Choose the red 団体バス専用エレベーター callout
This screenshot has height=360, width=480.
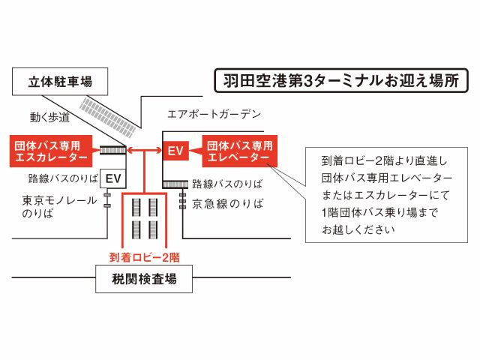coord(238,151)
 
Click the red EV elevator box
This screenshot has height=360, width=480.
coord(175,151)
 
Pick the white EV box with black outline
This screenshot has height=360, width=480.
coord(113,178)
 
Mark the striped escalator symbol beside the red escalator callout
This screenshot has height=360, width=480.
coord(112,151)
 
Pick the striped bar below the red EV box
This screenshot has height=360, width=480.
coord(175,183)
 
